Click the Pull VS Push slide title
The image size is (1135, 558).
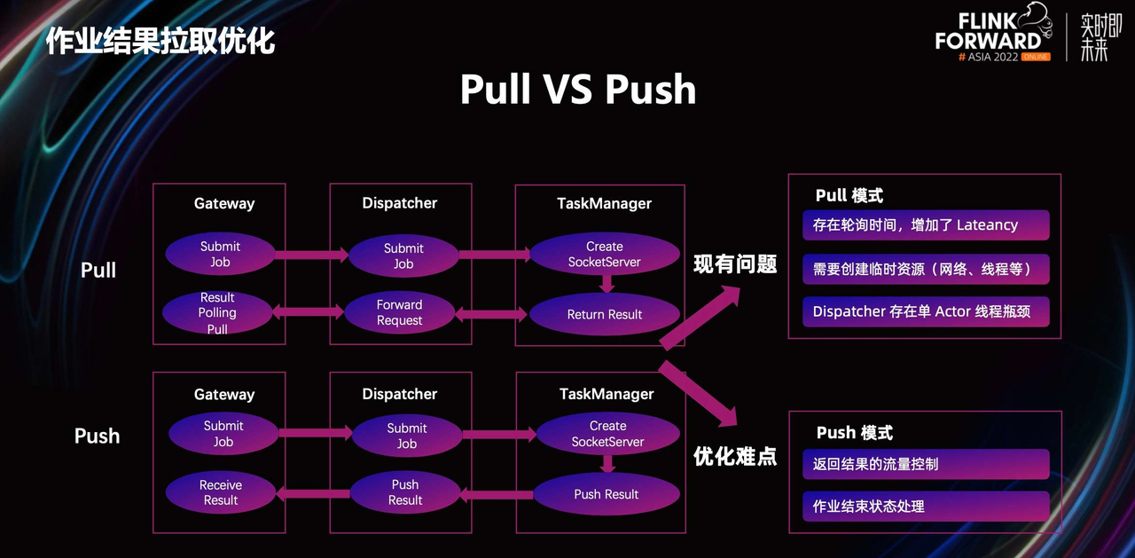click(x=577, y=90)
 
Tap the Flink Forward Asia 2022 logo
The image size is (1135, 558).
click(x=993, y=35)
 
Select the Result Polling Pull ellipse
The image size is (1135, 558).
click(x=217, y=313)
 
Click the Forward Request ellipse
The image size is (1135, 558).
click(x=400, y=312)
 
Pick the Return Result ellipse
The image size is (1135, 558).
click(x=605, y=314)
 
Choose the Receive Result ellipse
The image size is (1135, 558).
click(x=221, y=492)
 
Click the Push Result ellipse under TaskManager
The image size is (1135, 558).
click(x=607, y=494)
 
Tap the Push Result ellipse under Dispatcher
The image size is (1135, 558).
click(x=405, y=492)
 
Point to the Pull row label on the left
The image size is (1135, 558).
click(x=98, y=271)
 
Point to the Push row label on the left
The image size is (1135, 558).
click(x=97, y=436)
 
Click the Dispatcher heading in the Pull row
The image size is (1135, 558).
click(x=400, y=203)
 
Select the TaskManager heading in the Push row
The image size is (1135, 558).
click(x=607, y=394)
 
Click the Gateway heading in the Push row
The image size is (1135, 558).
click(x=224, y=395)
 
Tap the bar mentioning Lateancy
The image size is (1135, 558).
click(x=926, y=225)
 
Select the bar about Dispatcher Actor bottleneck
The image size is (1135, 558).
click(x=926, y=311)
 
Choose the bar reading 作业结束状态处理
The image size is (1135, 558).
click(x=926, y=507)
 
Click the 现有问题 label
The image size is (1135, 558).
click(x=735, y=263)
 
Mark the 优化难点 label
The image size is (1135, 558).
click(x=735, y=456)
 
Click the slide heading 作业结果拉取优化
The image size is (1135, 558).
click(x=160, y=41)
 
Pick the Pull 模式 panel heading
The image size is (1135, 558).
click(x=849, y=196)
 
